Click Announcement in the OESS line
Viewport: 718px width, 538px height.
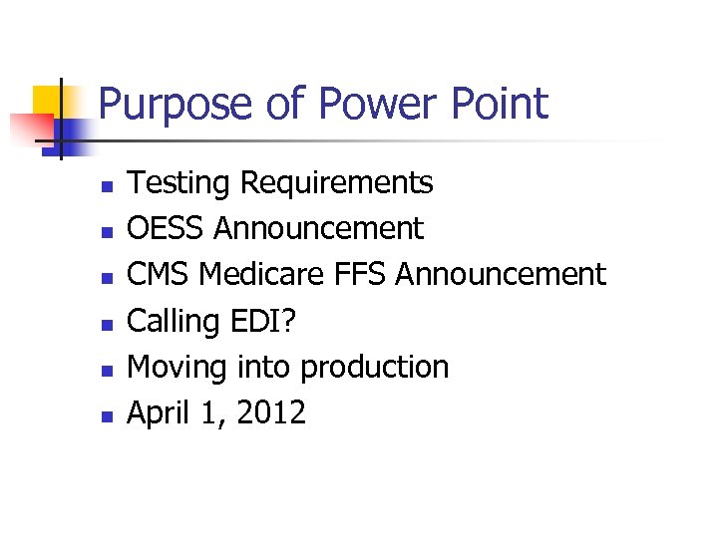pyautogui.click(x=318, y=229)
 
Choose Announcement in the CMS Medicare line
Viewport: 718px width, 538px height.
pyautogui.click(x=501, y=274)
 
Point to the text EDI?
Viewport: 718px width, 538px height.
pyautogui.click(x=272, y=321)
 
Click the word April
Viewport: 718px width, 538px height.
pyautogui.click(x=159, y=412)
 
